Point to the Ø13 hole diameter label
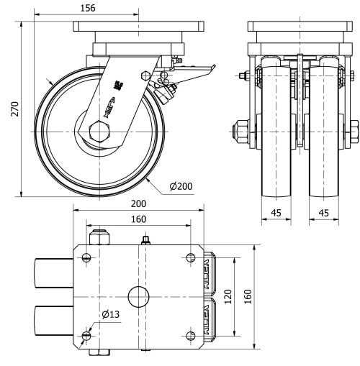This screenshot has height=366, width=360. [110, 314]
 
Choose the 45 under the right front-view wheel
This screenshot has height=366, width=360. [323, 213]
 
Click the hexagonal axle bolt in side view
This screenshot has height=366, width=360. [98, 134]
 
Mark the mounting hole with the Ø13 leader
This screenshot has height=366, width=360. [86, 336]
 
